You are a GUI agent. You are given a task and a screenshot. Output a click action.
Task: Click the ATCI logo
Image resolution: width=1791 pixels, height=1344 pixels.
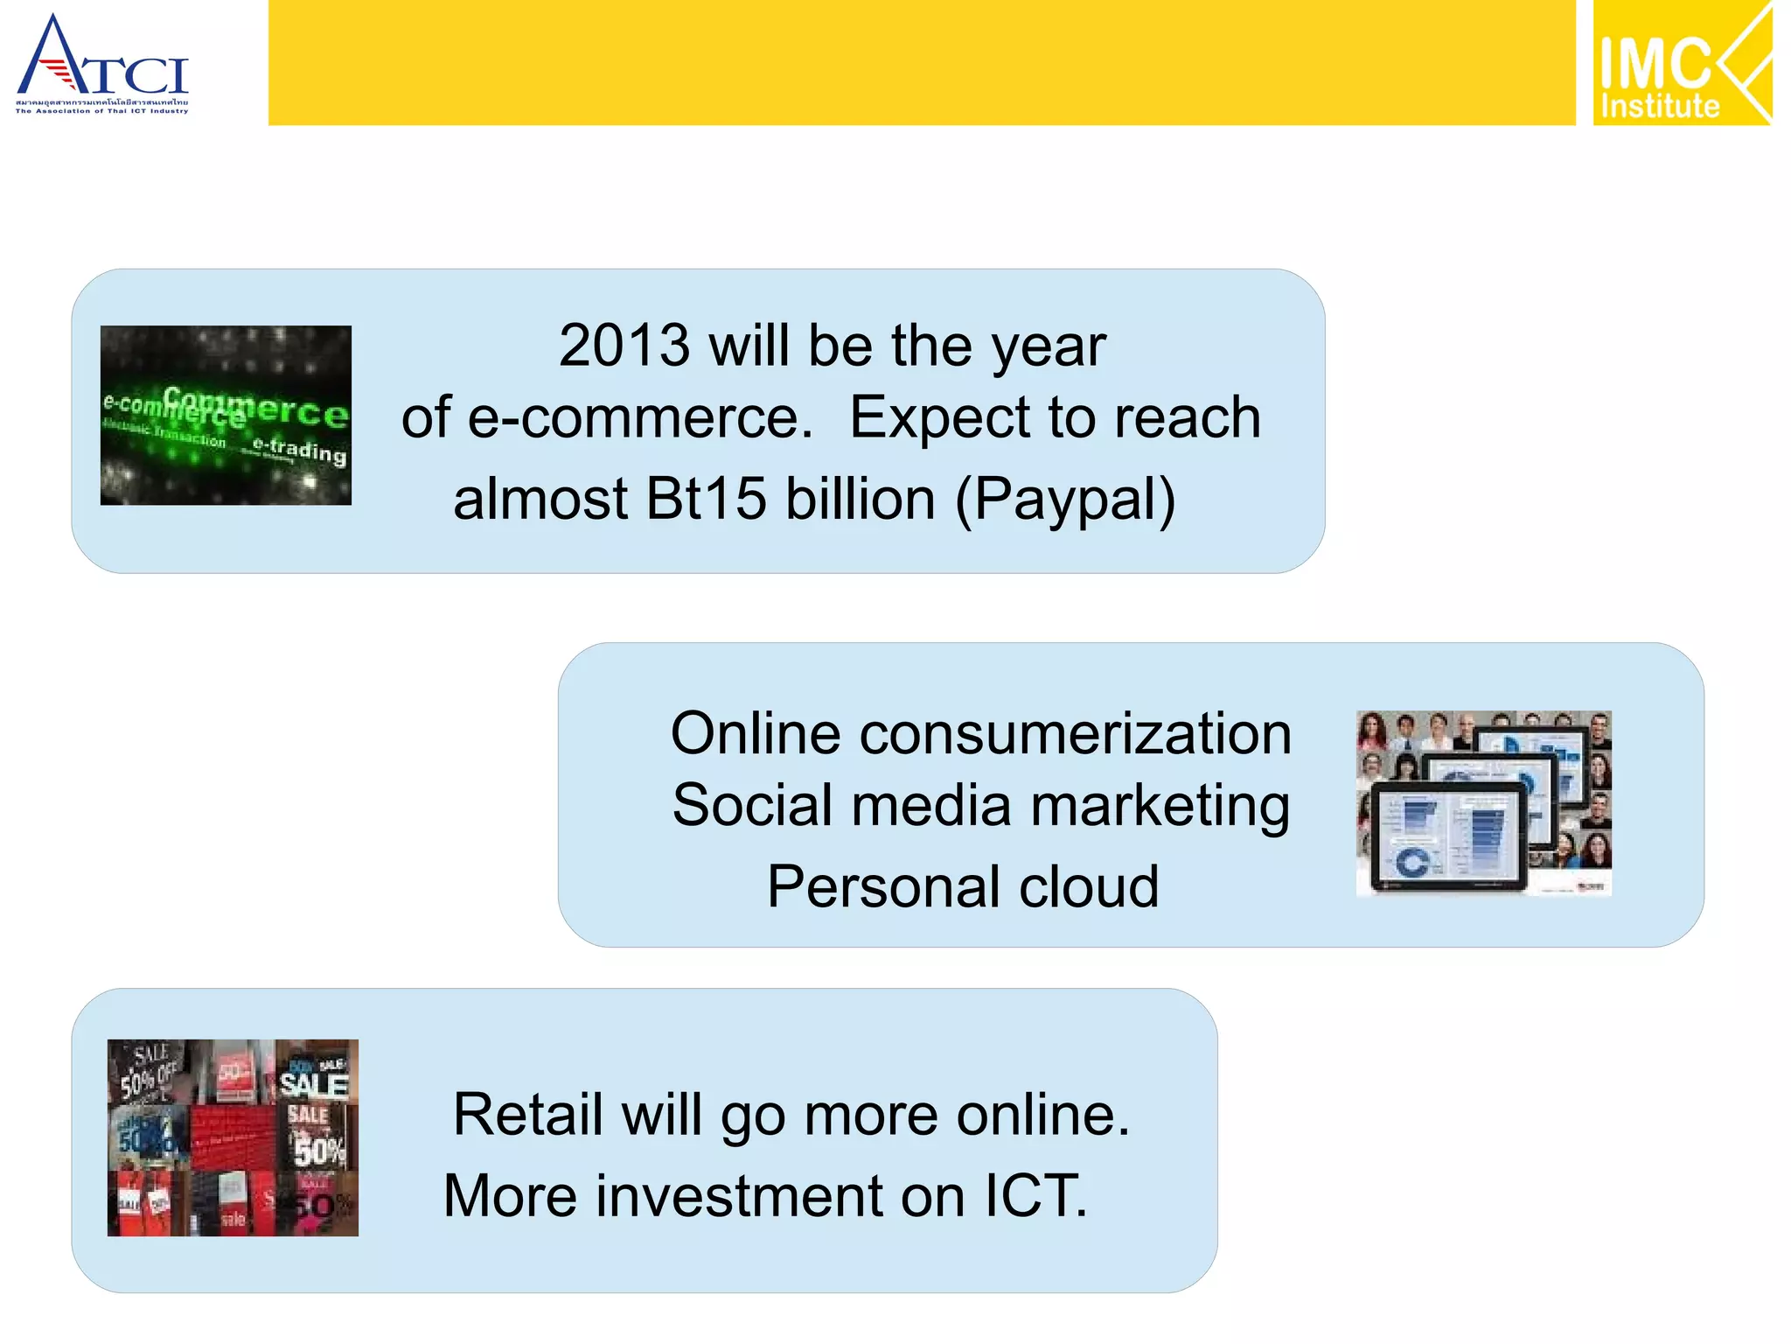click(x=101, y=63)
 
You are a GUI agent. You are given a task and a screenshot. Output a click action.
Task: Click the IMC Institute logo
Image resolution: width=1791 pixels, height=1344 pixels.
click(x=1681, y=63)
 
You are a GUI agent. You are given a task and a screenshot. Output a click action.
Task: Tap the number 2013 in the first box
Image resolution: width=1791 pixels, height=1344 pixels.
click(x=624, y=346)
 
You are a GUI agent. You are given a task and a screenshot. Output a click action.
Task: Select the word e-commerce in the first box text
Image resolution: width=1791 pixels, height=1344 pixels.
click(x=641, y=418)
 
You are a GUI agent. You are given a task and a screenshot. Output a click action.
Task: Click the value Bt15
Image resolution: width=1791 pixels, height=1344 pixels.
click(x=705, y=500)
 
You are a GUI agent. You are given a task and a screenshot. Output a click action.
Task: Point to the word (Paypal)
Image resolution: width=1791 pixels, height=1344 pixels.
click(x=1065, y=500)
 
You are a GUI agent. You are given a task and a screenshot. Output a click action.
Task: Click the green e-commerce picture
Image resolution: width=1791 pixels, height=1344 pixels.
click(x=226, y=415)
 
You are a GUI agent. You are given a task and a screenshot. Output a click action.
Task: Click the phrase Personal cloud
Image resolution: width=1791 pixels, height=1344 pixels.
click(x=963, y=886)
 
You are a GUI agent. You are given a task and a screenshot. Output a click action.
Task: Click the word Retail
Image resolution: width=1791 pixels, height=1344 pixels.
click(x=528, y=1116)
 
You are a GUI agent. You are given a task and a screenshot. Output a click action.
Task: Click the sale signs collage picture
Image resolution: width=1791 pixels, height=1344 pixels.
click(x=233, y=1137)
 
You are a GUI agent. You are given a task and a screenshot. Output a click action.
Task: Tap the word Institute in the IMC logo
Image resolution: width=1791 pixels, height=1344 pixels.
click(x=1659, y=107)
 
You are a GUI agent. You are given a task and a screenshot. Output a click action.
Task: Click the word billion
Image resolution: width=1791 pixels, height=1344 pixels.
click(x=861, y=500)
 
